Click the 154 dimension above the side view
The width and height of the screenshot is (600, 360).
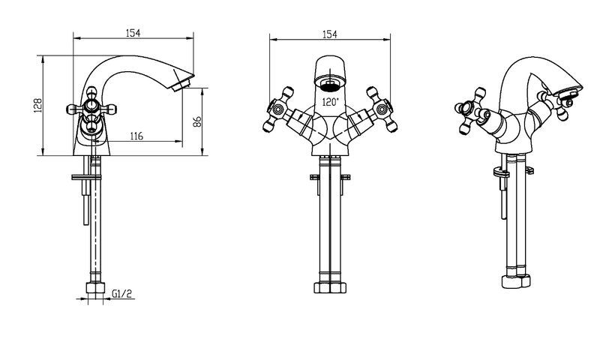(133, 33)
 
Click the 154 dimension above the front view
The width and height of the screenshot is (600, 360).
(329, 34)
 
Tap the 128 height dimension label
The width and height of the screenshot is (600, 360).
(37, 105)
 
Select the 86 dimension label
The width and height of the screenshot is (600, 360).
(197, 121)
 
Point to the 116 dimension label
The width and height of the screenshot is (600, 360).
(136, 136)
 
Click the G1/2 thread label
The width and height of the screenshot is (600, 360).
(121, 293)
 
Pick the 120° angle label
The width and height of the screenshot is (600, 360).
(331, 102)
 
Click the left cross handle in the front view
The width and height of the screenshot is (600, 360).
(278, 109)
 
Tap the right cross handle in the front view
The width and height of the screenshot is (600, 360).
(382, 109)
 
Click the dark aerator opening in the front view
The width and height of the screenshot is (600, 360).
(330, 85)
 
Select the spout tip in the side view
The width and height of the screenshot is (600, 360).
(182, 81)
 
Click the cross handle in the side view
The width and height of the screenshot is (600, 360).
(91, 109)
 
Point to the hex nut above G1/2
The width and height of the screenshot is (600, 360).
(95, 288)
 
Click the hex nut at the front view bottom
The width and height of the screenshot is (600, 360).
(330, 288)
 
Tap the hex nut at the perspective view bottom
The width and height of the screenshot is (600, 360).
(516, 281)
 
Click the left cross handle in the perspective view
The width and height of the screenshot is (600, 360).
(470, 111)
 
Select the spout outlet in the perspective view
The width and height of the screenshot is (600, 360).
(568, 91)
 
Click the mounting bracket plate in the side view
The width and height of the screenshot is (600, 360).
(87, 177)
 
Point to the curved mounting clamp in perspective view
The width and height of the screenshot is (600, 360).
(501, 172)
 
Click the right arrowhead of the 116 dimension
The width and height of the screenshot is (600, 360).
(179, 142)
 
